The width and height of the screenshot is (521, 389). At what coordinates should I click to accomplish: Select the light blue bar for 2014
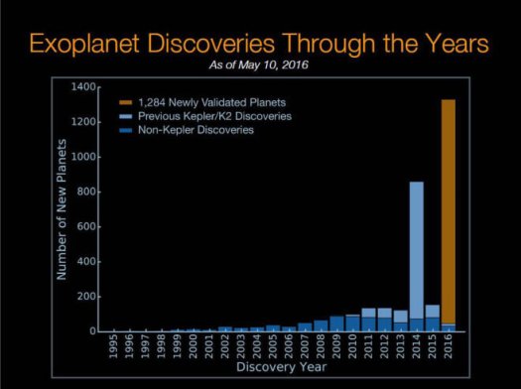[x=417, y=248]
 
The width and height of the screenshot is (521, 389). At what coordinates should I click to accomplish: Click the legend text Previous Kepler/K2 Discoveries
[x=208, y=115]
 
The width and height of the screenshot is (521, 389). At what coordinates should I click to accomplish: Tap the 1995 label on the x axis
[x=115, y=350]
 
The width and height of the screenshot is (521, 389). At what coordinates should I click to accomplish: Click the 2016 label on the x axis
[x=450, y=350]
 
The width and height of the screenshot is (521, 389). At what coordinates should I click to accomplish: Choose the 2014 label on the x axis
[x=418, y=350]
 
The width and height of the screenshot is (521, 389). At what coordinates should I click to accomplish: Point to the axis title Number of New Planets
[x=62, y=208]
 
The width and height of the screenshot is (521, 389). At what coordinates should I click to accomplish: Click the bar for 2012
[x=385, y=320]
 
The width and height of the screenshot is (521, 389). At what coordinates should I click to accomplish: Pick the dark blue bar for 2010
[x=353, y=324]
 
